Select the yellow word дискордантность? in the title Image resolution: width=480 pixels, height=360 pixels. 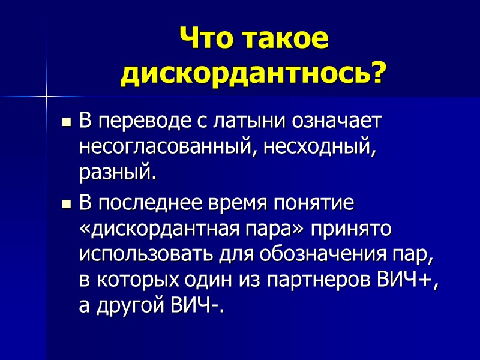point(253,74)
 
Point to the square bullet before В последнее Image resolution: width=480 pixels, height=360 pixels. point(67,205)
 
